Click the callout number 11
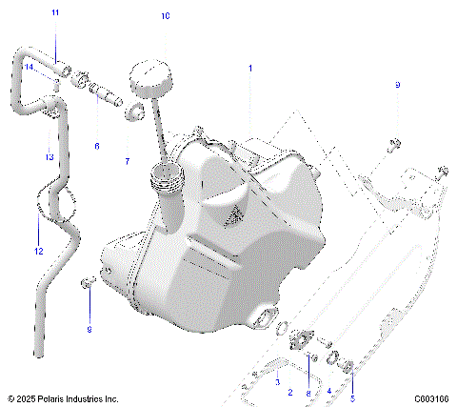(x=55, y=12)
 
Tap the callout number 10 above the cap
(x=166, y=16)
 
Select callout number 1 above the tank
(x=250, y=69)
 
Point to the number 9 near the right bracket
(x=398, y=86)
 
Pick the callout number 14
(x=30, y=68)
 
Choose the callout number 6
(x=96, y=146)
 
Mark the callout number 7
(x=127, y=161)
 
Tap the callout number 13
(x=49, y=156)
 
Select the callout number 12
(x=38, y=252)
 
